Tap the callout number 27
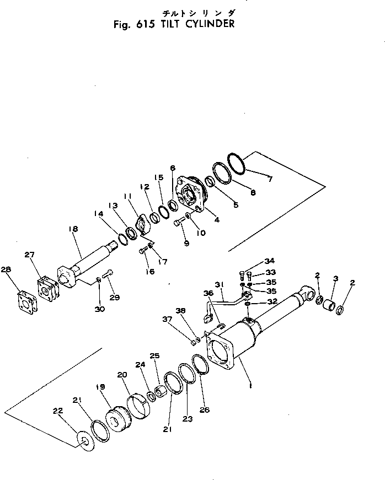click(x=29, y=255)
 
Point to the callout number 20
click(x=121, y=375)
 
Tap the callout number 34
click(x=269, y=261)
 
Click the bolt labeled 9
click(x=178, y=223)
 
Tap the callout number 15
click(x=159, y=177)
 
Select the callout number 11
click(x=127, y=197)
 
